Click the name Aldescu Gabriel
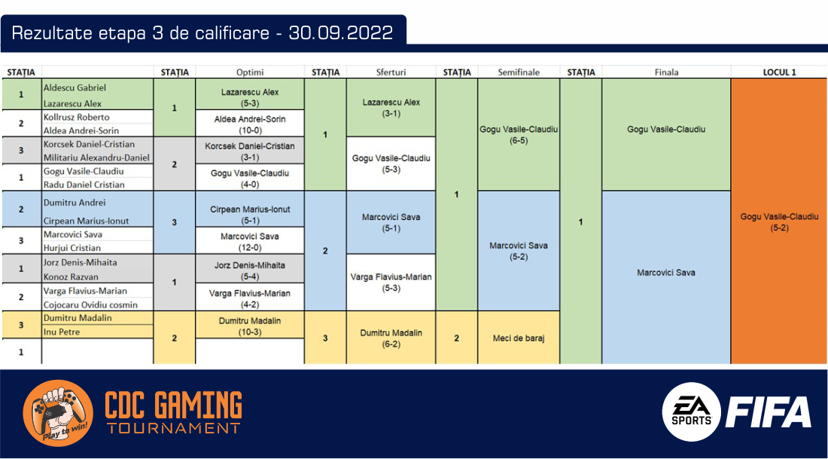pos(75,87)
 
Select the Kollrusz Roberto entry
pos(77,117)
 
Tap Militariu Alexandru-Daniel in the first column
pos(96,158)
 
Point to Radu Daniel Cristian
pos(84,185)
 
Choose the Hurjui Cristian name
pos(72,247)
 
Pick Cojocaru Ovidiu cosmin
pos(90,304)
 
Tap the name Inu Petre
pos(62,332)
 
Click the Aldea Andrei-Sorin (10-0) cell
pos(250,125)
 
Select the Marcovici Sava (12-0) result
pos(250,242)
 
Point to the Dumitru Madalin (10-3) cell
pos(250,326)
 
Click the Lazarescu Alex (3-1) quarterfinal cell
pos(391,108)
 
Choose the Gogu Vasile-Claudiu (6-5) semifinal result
pos(519,135)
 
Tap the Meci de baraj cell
pos(519,338)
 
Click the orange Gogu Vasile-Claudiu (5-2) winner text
pos(779,222)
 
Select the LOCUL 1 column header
pos(779,72)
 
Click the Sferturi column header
pos(391,72)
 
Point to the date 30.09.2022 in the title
pos(340,33)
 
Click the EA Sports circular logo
pos(692,412)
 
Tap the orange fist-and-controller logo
pos(58,413)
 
